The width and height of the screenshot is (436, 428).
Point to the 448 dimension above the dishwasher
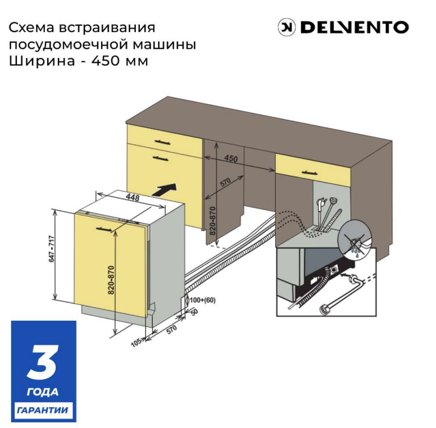pyautogui.click(x=132, y=197)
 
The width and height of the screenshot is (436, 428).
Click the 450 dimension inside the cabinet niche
pyautogui.click(x=230, y=159)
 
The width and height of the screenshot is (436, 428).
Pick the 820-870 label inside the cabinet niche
pyautogui.click(x=212, y=221)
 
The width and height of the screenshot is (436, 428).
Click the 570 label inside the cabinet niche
pyautogui.click(x=225, y=184)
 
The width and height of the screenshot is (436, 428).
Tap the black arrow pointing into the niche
pyautogui.click(x=167, y=189)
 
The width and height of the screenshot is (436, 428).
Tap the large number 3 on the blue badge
pyautogui.click(x=43, y=362)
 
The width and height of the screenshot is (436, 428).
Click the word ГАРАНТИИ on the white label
pyautogui.click(x=43, y=410)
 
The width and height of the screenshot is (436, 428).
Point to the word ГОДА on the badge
pyautogui.click(x=43, y=391)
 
